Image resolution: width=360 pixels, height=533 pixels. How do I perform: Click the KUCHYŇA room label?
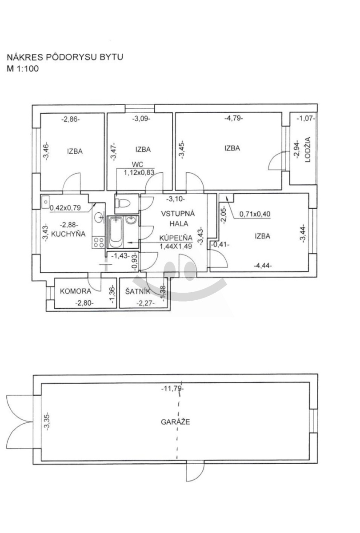pyautogui.click(x=68, y=234)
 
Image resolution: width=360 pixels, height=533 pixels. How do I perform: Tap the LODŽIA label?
pyautogui.click(x=308, y=149)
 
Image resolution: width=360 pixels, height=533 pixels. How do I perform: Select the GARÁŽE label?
pyautogui.click(x=176, y=422)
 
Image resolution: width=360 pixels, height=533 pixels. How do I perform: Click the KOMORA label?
pyautogui.click(x=76, y=291)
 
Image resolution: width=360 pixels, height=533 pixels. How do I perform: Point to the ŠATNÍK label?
pyautogui.click(x=138, y=291)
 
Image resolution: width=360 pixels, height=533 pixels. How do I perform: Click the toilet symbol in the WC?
pyautogui.click(x=122, y=203)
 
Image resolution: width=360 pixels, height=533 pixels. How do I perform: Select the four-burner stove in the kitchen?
pyautogui.click(x=98, y=243)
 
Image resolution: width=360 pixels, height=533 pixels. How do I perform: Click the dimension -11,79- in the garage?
pyautogui.click(x=173, y=389)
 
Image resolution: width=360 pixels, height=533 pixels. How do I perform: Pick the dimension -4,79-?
pyautogui.click(x=234, y=118)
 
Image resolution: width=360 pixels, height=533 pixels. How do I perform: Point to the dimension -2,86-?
pyautogui.click(x=71, y=119)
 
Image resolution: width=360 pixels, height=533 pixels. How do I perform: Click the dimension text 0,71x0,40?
pyautogui.click(x=255, y=214)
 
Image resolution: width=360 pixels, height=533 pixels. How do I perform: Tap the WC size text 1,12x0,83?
pyautogui.click(x=139, y=172)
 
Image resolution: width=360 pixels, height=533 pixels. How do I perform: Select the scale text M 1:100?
pyautogui.click(x=23, y=69)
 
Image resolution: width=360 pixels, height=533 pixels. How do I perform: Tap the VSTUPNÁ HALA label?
pyautogui.click(x=178, y=219)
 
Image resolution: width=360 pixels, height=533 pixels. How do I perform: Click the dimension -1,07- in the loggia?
pyautogui.click(x=306, y=118)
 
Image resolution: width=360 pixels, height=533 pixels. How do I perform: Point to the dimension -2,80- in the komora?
pyautogui.click(x=84, y=303)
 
